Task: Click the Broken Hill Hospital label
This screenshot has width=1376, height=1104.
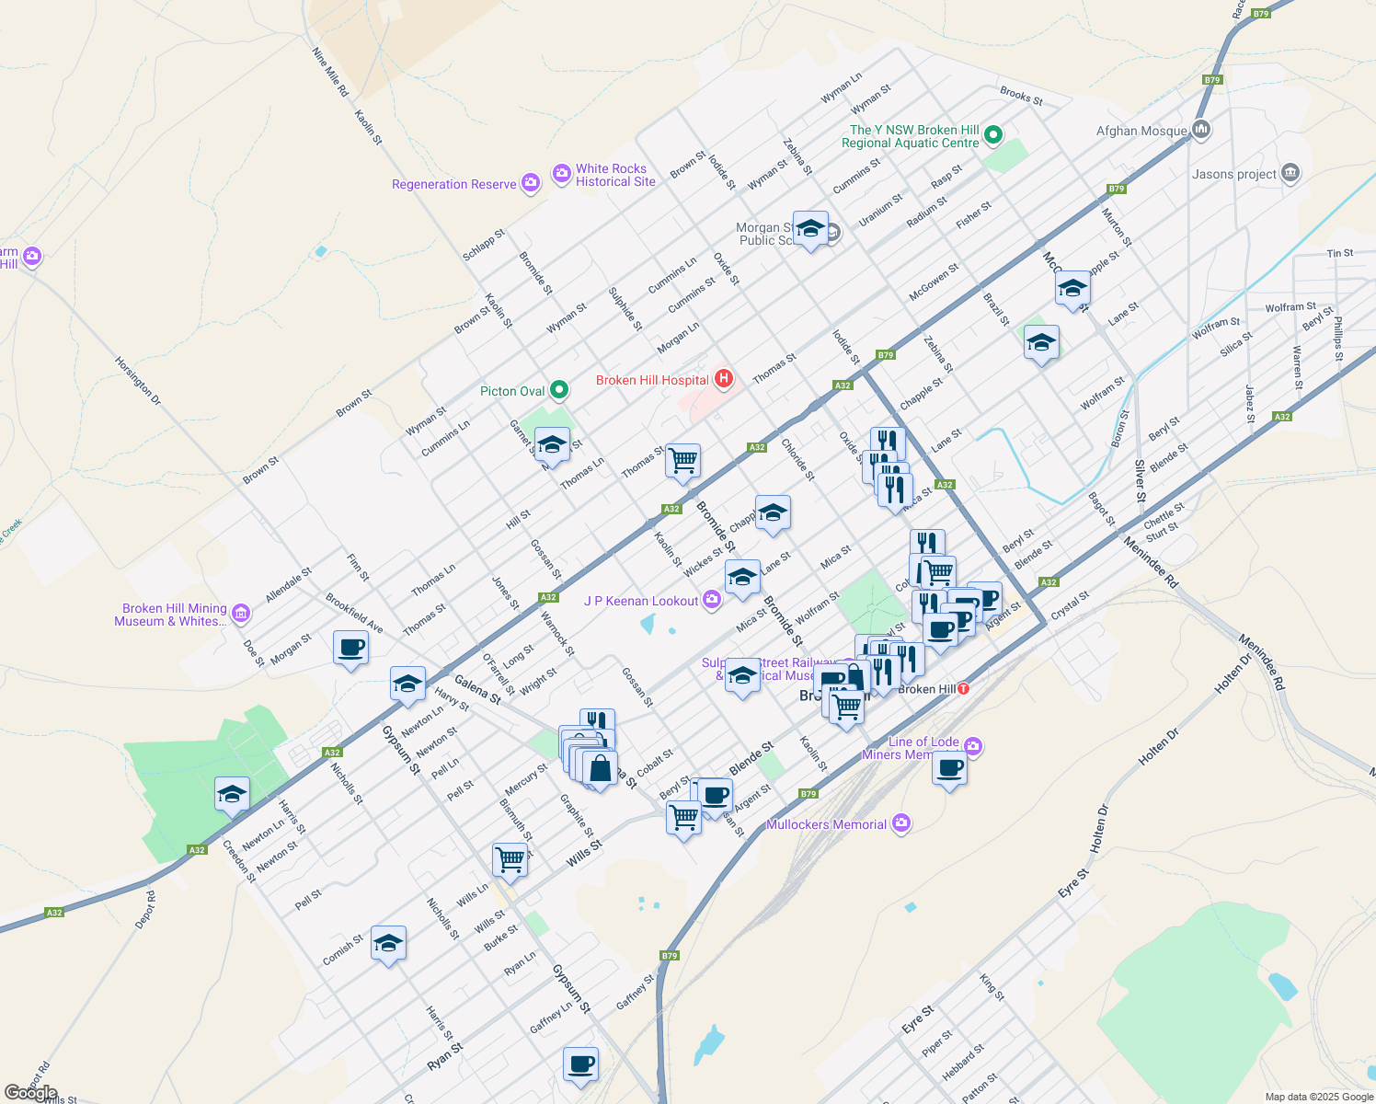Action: click(652, 380)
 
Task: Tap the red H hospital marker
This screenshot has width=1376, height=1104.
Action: click(724, 378)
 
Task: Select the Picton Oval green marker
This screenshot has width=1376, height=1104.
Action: click(558, 390)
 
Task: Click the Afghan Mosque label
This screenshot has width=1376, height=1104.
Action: click(1141, 131)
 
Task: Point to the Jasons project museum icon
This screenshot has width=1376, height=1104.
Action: click(1290, 173)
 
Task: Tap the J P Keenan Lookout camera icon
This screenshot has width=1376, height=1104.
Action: click(711, 601)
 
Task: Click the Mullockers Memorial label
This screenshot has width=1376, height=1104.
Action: click(826, 824)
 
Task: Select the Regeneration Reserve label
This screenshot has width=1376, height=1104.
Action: click(453, 184)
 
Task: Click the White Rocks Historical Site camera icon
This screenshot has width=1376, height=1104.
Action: click(561, 173)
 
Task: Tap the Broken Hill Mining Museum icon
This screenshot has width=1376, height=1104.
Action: click(240, 613)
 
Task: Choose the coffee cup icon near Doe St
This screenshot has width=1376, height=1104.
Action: click(350, 648)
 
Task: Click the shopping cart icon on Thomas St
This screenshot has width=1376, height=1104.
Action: click(682, 460)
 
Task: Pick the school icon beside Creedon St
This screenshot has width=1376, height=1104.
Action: click(232, 793)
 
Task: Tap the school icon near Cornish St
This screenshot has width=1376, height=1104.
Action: click(388, 943)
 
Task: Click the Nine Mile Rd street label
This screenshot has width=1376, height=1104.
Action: click(330, 73)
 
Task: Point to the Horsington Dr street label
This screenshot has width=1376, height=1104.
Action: click(138, 381)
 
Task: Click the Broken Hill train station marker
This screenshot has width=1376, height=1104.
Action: click(963, 688)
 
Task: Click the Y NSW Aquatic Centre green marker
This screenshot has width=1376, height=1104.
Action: click(992, 136)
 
